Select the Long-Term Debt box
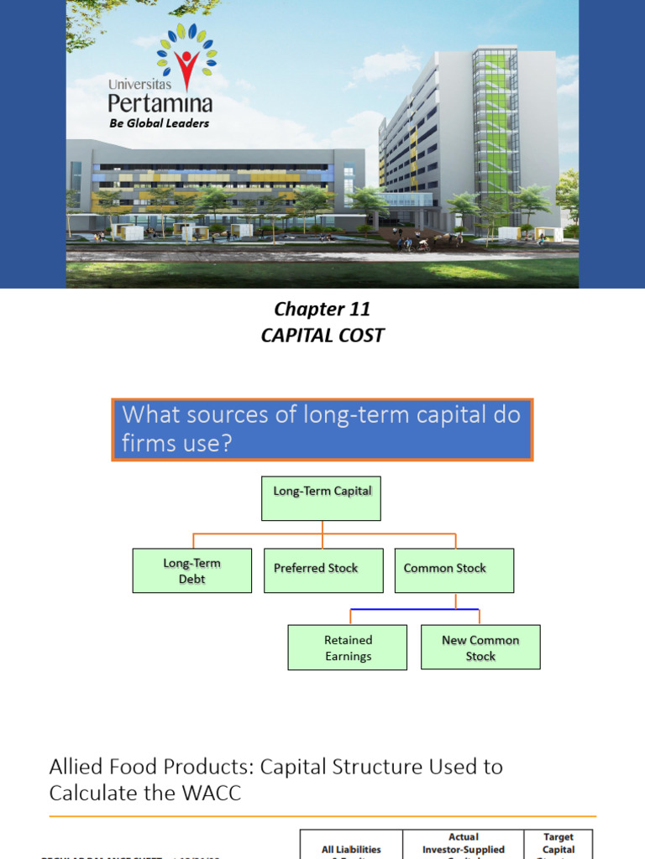click(191, 570)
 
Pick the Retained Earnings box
click(348, 647)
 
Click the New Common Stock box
click(480, 647)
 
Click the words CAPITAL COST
click(322, 336)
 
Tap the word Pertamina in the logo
click(160, 104)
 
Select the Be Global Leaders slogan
click(159, 123)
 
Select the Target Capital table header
click(558, 844)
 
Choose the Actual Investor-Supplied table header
click(464, 844)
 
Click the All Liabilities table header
click(351, 849)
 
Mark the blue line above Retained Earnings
click(414, 609)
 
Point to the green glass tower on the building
click(496, 126)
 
